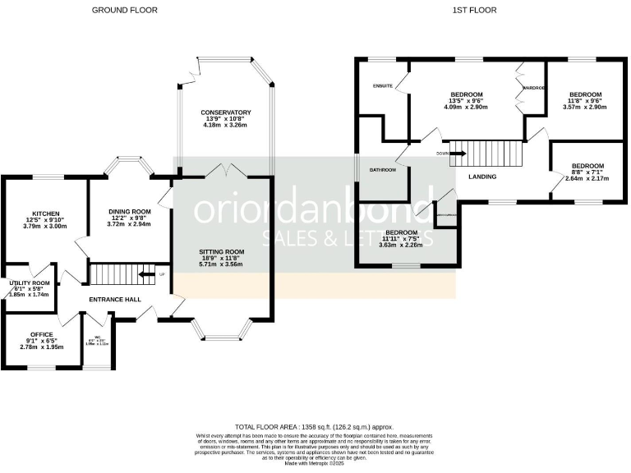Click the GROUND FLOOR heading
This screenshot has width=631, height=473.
click(124, 10)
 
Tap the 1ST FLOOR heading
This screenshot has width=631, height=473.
click(474, 10)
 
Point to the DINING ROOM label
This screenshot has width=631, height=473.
click(130, 211)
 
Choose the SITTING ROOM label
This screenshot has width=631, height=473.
click(222, 251)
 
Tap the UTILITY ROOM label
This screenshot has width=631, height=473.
click(30, 282)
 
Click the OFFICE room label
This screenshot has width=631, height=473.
click(41, 334)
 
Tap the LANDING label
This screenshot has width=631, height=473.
click(482, 176)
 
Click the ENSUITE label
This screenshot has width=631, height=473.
click(383, 85)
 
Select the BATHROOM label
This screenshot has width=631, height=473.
click(382, 170)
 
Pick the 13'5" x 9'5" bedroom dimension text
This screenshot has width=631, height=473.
click(466, 100)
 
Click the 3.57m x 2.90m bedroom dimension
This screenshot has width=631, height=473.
click(586, 108)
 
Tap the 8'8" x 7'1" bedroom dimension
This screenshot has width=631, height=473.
click(587, 172)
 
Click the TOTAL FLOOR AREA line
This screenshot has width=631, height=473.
click(315, 428)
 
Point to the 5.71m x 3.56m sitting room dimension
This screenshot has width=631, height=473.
click(222, 265)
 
